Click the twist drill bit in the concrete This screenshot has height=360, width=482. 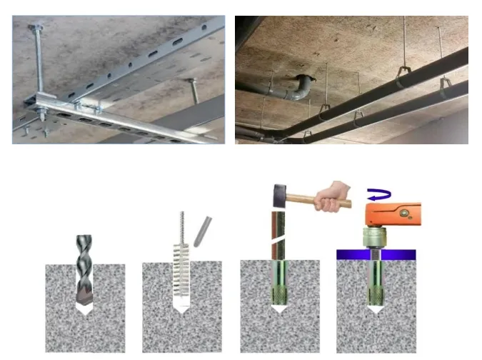point(84,268)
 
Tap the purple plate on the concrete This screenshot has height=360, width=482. point(376,254)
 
